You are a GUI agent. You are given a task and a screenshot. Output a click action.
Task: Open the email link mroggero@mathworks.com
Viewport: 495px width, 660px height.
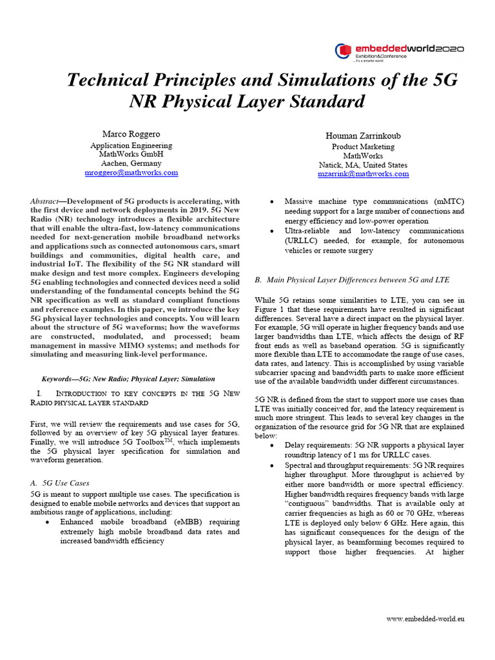131,173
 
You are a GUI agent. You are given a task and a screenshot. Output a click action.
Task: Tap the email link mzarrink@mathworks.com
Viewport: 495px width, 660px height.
363,174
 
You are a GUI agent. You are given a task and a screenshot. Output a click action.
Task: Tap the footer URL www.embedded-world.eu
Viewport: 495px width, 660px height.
425,619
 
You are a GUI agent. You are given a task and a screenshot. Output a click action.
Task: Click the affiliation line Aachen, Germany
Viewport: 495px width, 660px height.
131,164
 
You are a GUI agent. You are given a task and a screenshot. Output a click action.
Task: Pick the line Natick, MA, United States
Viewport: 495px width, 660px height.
363,165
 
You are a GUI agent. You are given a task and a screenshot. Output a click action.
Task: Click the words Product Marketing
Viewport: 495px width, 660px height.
363,147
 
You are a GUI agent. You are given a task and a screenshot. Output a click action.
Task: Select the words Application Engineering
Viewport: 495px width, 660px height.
131,146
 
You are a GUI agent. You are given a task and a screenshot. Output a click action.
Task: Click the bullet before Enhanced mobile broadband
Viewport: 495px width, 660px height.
48,522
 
